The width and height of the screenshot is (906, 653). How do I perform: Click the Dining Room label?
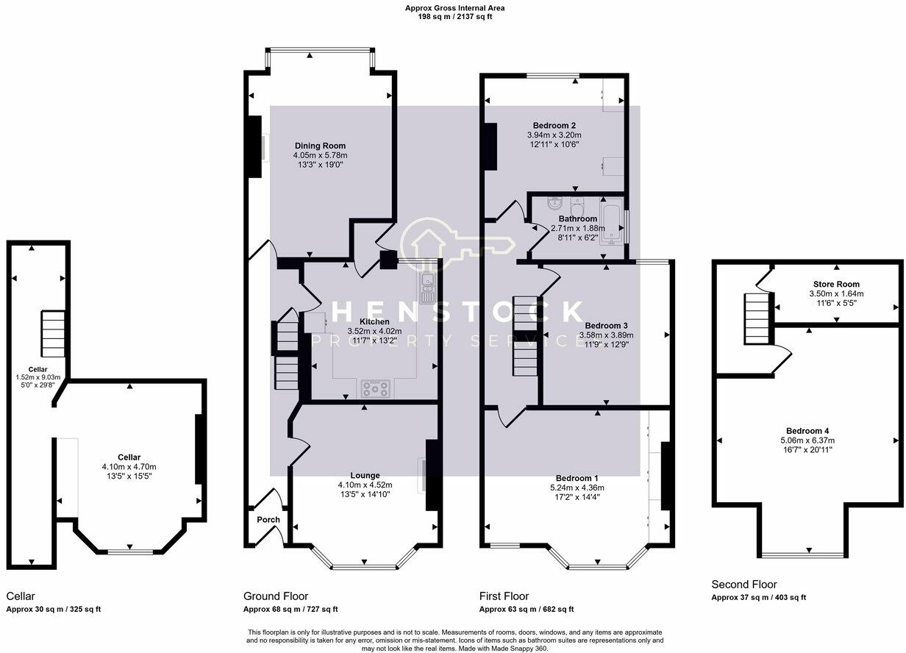tap(320, 146)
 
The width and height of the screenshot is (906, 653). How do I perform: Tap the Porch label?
tap(268, 520)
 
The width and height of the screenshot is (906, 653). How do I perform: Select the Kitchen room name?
tap(374, 321)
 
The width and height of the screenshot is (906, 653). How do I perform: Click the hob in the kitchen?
tap(375, 388)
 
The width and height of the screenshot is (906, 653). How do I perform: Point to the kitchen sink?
tap(427, 288)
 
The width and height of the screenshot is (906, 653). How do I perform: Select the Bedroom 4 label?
tap(808, 430)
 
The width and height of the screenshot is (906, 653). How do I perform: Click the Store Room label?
tap(836, 284)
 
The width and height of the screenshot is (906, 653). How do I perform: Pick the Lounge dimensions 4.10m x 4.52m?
tap(365, 485)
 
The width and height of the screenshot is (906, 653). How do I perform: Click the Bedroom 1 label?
tap(577, 477)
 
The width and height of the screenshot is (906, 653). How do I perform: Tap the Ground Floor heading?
tap(276, 596)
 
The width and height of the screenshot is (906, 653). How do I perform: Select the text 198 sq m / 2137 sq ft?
tap(454, 16)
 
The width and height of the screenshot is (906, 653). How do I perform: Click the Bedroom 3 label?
tap(606, 325)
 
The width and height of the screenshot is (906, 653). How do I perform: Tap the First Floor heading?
tap(504, 596)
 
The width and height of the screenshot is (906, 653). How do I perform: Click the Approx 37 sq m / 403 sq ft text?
tap(758, 598)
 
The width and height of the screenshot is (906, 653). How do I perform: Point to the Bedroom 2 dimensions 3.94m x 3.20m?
tap(554, 135)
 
